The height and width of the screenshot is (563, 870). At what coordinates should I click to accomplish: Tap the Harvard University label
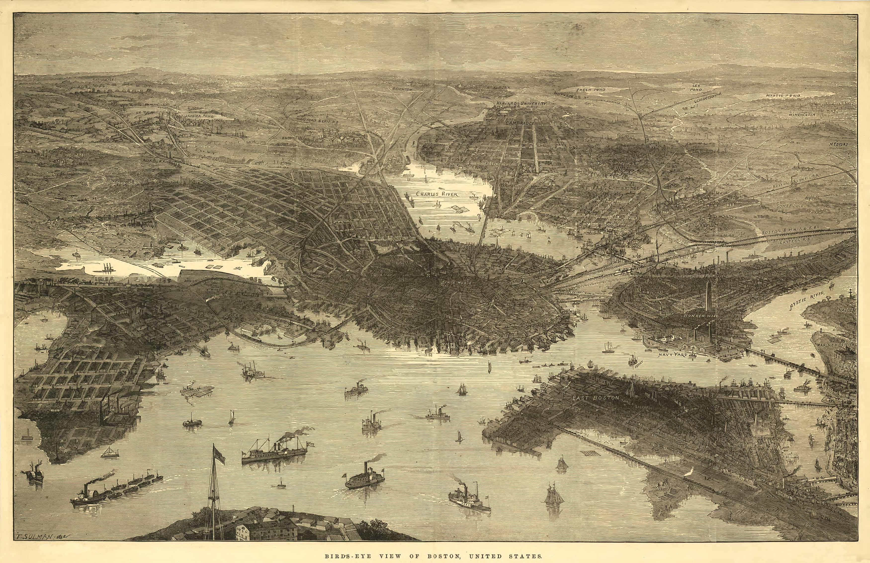pos(521,103)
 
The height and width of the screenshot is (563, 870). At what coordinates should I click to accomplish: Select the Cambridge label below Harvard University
pos(520,123)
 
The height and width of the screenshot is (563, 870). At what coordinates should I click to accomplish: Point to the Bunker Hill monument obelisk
pos(708,297)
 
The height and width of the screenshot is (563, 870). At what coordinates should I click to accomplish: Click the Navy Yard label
pos(673,355)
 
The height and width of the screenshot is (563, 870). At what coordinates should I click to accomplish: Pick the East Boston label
pos(596,398)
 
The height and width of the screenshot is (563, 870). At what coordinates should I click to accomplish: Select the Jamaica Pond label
pos(199,116)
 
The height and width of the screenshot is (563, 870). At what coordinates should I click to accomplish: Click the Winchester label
pos(802,114)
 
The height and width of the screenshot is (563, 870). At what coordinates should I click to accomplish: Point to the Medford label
pos(838,144)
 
